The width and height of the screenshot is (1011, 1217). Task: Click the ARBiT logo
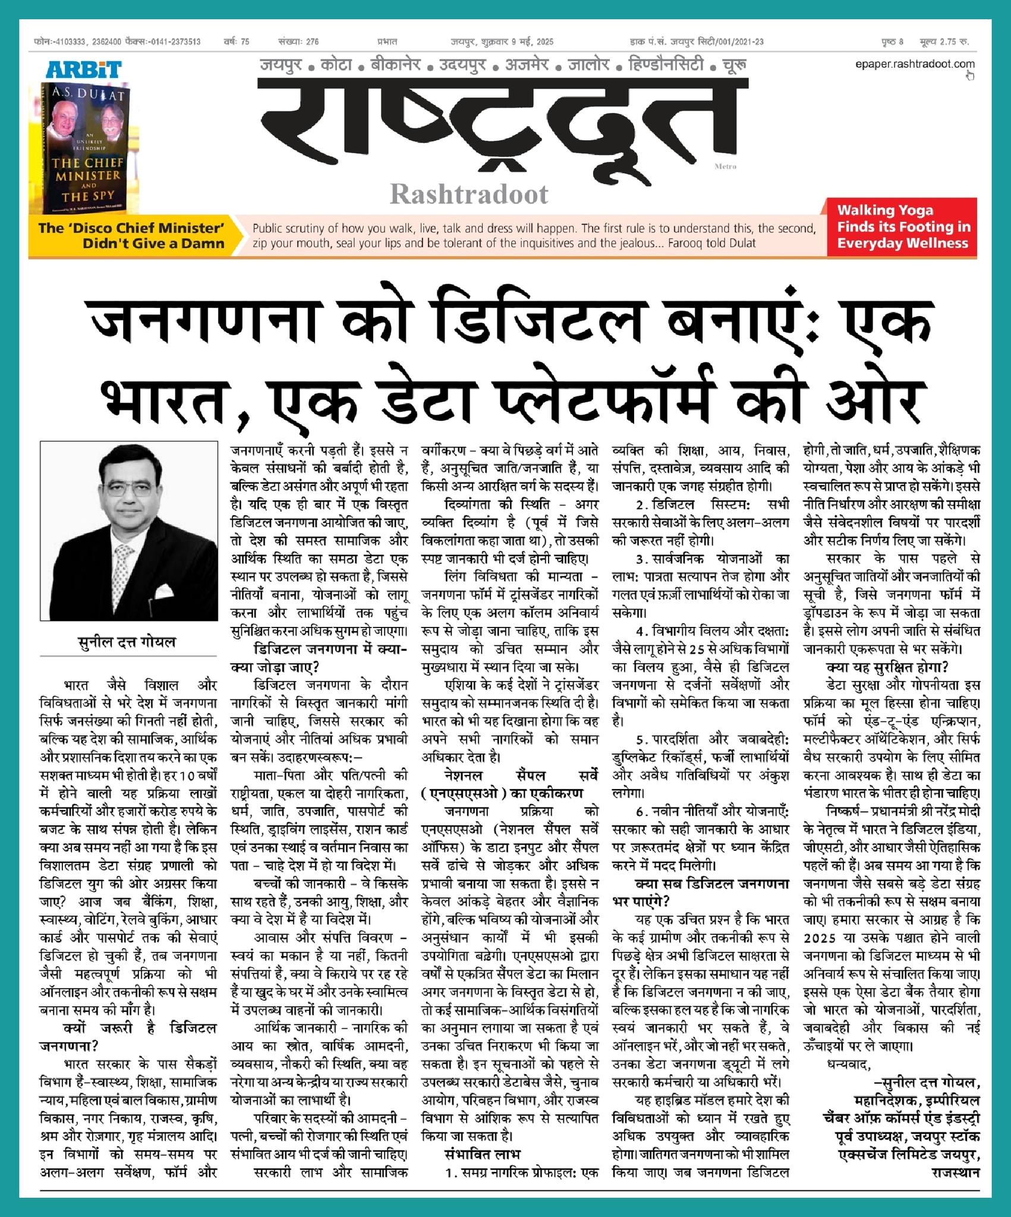tap(84, 70)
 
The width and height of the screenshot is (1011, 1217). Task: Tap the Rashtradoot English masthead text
tap(469, 194)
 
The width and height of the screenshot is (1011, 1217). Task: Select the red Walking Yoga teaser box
tap(902, 227)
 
